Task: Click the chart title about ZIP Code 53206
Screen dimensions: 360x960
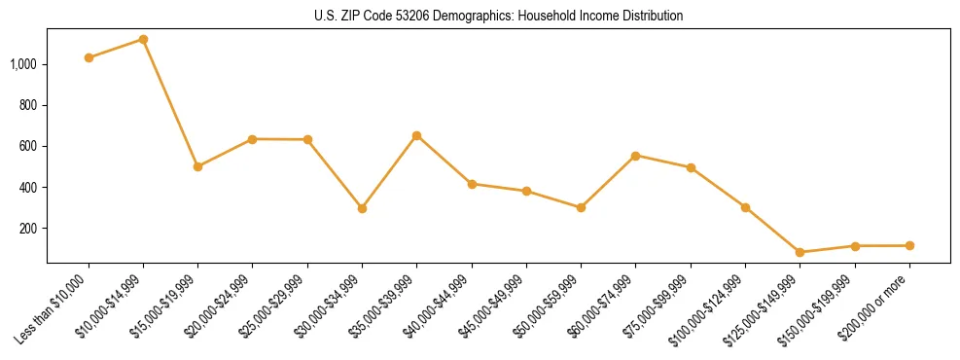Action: [x=498, y=16]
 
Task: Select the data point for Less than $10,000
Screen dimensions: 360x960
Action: [x=89, y=57]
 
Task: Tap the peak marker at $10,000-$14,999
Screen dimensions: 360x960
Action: [x=143, y=39]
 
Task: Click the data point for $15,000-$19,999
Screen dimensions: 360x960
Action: [x=198, y=166]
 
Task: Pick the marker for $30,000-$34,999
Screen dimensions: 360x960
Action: [x=362, y=208]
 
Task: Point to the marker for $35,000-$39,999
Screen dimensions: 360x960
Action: [x=416, y=135]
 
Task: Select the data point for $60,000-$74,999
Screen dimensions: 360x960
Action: [x=635, y=156]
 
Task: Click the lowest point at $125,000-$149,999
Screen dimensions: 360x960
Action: [x=800, y=252]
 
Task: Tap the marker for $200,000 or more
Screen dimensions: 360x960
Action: [x=909, y=245]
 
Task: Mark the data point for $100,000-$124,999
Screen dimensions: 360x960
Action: [x=745, y=207]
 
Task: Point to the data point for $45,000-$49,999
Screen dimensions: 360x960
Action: [x=526, y=191]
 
